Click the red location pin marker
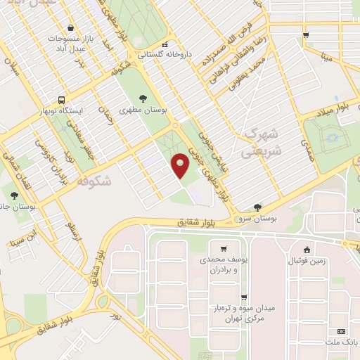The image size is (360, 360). [x=181, y=165]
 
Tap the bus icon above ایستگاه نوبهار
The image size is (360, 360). [x=62, y=100]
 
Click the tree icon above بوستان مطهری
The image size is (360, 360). [x=143, y=98]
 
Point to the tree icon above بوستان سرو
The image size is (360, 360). [x=258, y=207]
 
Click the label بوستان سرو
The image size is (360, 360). [x=259, y=219]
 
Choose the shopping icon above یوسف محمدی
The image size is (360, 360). [x=224, y=249]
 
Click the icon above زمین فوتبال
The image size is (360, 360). [x=307, y=250]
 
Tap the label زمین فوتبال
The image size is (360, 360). [x=307, y=261]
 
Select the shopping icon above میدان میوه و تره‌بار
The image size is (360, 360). [x=243, y=297]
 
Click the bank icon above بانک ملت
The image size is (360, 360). [x=342, y=331]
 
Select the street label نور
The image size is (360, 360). [x=117, y=318]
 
